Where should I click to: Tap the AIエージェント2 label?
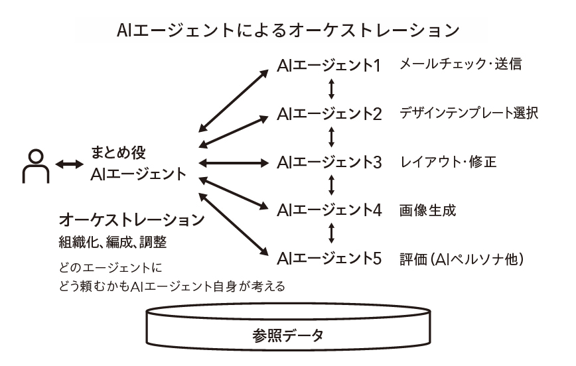(x=329, y=113)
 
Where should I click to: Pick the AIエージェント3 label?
(x=329, y=162)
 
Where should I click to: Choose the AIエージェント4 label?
(x=329, y=210)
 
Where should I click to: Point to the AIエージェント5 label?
(x=329, y=258)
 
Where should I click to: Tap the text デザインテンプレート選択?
(x=468, y=113)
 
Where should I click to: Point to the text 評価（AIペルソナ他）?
(x=462, y=259)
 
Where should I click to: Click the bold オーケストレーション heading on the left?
(x=131, y=219)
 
